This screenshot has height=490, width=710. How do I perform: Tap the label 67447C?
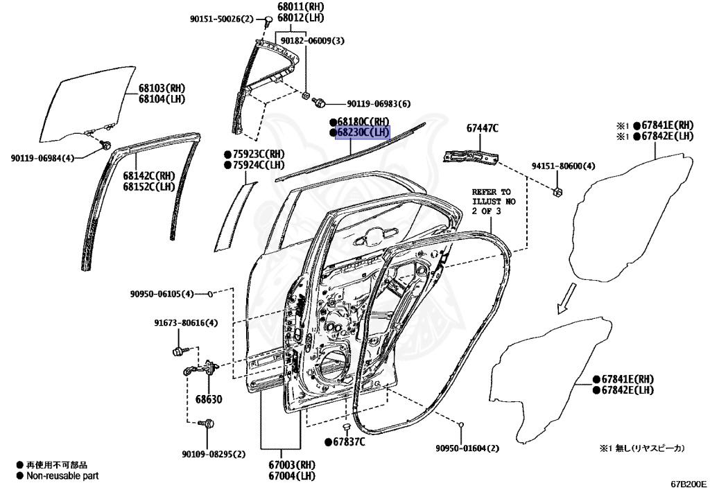coord(482,128)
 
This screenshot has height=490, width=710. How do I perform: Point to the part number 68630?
coord(208,400)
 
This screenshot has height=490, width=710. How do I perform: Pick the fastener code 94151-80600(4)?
coord(562,166)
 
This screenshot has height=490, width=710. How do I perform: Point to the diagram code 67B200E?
coord(688,483)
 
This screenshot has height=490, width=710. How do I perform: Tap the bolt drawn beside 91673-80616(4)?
coord(177,351)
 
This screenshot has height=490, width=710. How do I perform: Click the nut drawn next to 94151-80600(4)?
coord(557,192)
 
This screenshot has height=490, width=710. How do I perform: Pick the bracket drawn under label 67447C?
coord(471,155)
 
